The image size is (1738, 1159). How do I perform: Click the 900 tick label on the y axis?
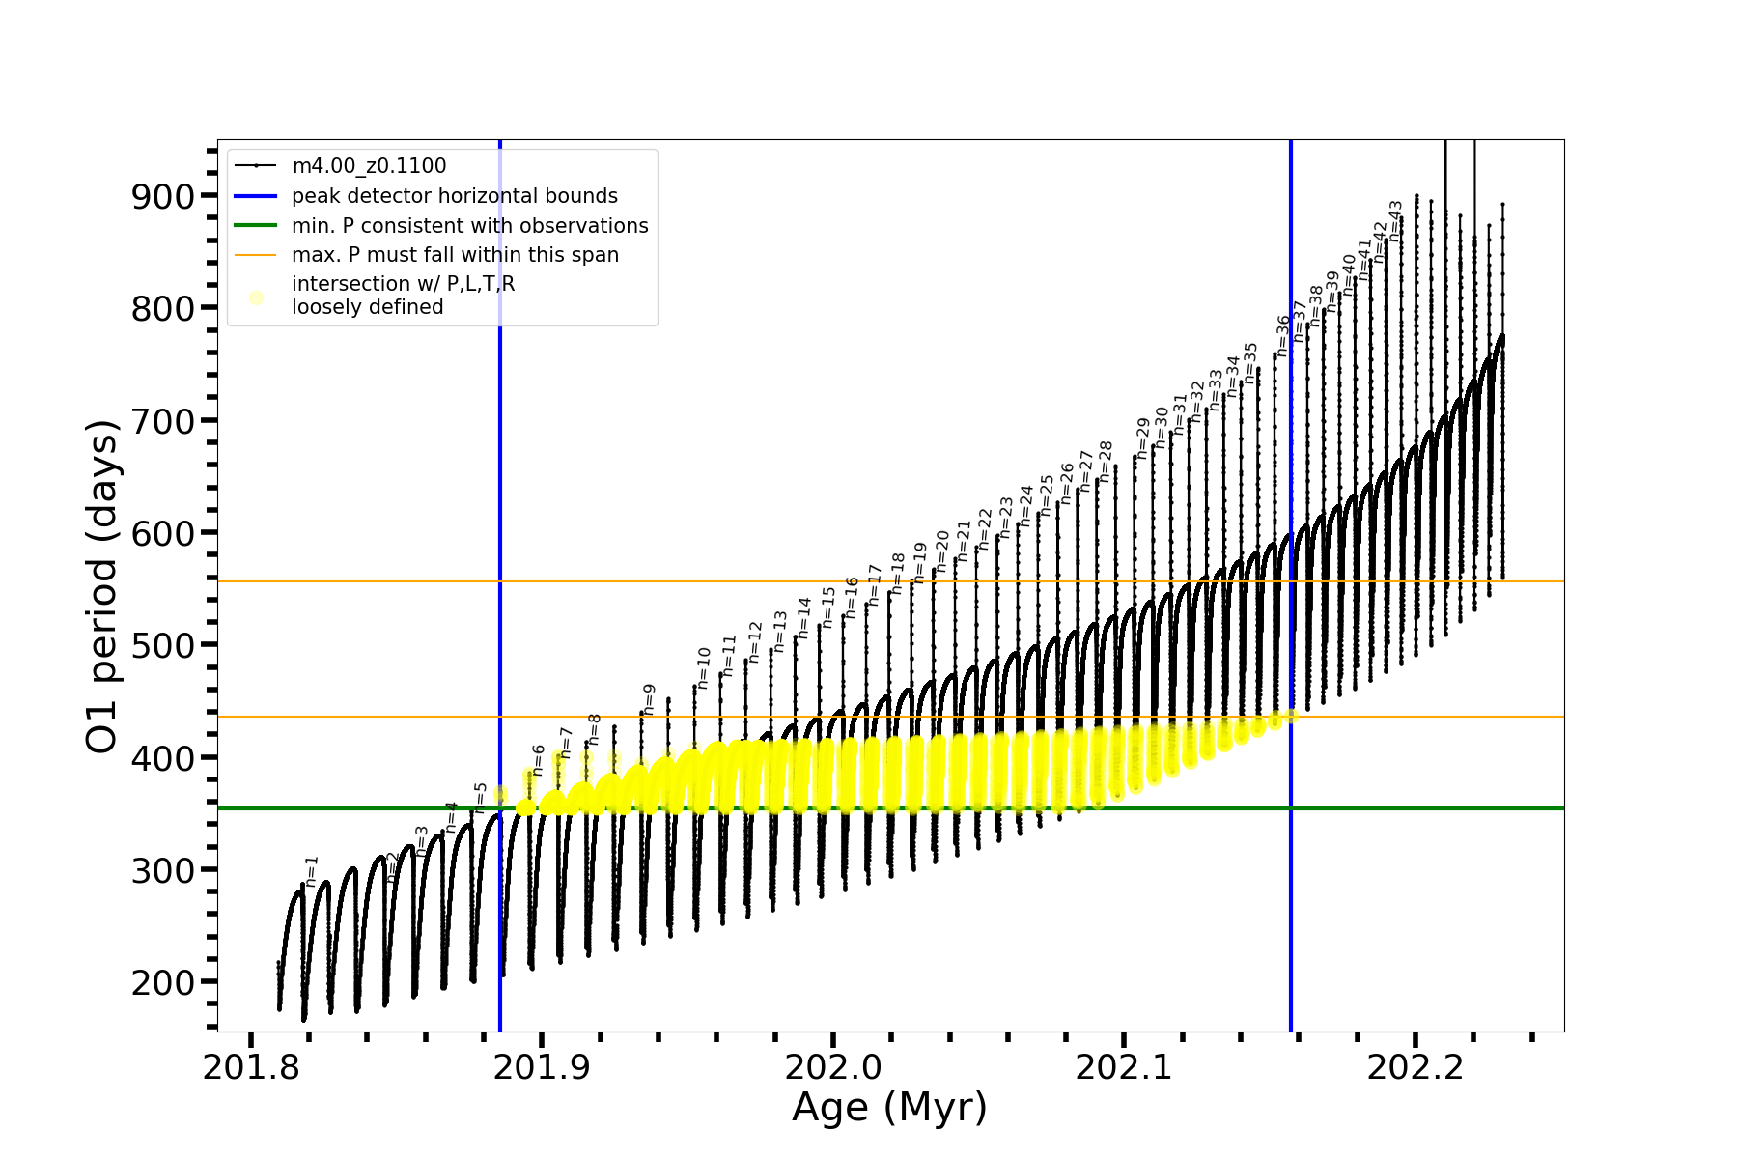(162, 196)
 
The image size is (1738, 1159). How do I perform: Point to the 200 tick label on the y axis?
(162, 982)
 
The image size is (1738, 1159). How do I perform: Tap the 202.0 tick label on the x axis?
(832, 1067)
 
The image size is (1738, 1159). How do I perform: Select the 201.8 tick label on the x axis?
(250, 1067)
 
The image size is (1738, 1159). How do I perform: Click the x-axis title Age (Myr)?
(889, 1107)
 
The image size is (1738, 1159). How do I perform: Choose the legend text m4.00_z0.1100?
(369, 166)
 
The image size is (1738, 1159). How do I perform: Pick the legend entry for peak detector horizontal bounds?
(454, 196)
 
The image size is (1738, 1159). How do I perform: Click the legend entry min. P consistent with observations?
(469, 226)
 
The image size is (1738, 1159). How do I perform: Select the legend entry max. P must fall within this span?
(455, 255)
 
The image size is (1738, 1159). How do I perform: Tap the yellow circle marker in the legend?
(256, 297)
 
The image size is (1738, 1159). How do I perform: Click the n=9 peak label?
(649, 699)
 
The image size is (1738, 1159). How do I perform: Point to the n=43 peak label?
(1395, 220)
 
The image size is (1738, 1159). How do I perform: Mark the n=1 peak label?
(311, 870)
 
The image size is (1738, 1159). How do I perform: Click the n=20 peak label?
(942, 551)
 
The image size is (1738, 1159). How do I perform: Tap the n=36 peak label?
(1283, 335)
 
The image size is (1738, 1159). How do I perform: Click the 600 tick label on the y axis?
(162, 533)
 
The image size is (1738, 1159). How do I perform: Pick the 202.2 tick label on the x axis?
(1415, 1067)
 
